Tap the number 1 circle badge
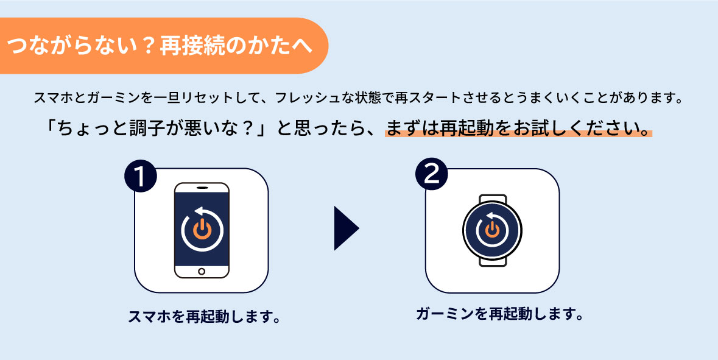pyautogui.click(x=141, y=177)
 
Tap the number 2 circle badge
pyautogui.click(x=431, y=175)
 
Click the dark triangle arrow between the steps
pyautogui.click(x=345, y=228)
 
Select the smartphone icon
pyautogui.click(x=202, y=230)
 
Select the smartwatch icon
pyautogui.click(x=492, y=230)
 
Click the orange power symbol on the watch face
pyautogui.click(x=492, y=230)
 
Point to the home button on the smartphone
pyautogui.click(x=202, y=271)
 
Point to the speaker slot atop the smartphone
pyautogui.click(x=202, y=187)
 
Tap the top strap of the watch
pyautogui.click(x=492, y=200)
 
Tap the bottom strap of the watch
pyautogui.click(x=492, y=261)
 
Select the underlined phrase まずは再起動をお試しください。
pyautogui.click(x=518, y=129)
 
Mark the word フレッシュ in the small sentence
pyautogui.click(x=304, y=97)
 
